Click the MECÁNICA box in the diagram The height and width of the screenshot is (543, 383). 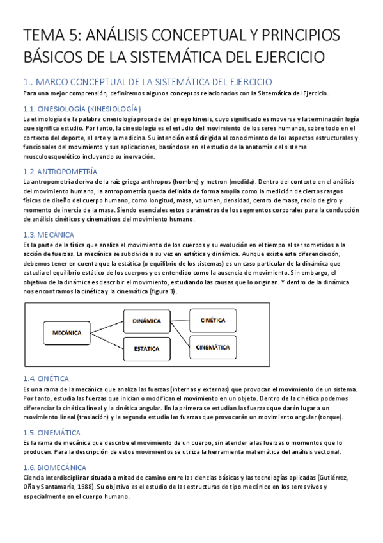[x=67, y=332]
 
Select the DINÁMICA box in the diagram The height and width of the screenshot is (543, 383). [x=146, y=320]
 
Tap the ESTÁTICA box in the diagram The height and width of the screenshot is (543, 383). [x=146, y=348]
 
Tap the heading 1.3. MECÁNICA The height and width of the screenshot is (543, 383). [x=49, y=235]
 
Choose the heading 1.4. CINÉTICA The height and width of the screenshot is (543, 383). [x=45, y=378]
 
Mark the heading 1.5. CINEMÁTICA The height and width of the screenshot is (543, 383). [x=51, y=432]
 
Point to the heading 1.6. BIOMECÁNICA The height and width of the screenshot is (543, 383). [x=54, y=468]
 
